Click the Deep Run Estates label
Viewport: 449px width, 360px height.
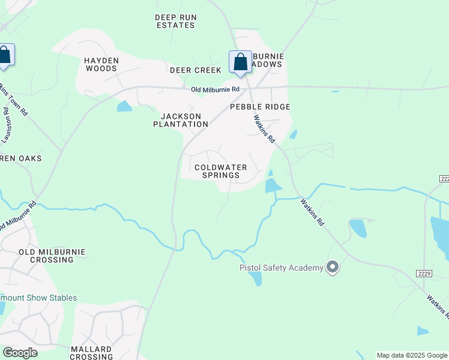175,22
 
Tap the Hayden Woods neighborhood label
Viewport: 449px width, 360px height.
101,65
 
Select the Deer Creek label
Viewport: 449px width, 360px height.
196,70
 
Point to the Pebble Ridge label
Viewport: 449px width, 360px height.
261,107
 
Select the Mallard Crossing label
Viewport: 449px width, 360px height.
91,353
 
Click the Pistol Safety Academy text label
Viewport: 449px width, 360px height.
282,268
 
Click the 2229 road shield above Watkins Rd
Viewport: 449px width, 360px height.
424,273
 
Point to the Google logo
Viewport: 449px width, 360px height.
20,352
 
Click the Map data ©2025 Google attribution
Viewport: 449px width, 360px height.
412,355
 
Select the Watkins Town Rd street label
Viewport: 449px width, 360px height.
22,100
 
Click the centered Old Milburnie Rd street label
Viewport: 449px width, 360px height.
215,90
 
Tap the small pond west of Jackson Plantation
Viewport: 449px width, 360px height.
124,107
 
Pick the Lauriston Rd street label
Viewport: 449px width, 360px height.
7,125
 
